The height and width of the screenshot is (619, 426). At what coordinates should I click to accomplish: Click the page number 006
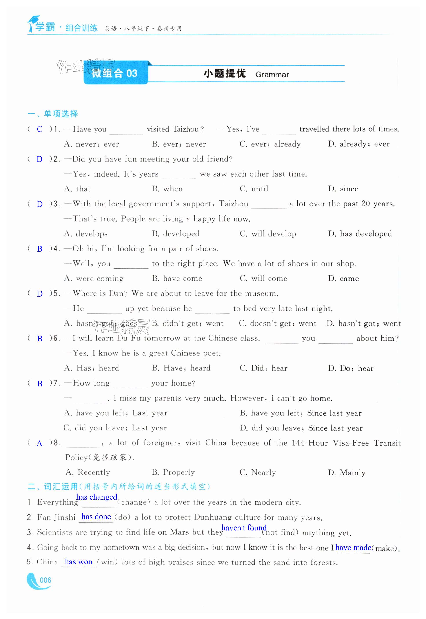(45, 580)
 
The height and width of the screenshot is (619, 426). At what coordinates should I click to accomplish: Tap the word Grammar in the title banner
(272, 75)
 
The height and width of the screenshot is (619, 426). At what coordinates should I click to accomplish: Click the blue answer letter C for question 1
(40, 129)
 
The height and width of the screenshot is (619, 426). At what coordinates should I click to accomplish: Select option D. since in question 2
(343, 189)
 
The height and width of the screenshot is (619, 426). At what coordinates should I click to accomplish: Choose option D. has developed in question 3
(360, 234)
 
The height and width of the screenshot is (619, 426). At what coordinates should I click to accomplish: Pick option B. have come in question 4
(177, 279)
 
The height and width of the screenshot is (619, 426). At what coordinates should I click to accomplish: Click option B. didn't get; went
(187, 324)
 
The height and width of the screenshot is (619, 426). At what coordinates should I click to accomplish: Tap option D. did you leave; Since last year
(301, 428)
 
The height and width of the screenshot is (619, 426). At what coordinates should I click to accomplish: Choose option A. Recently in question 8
(88, 472)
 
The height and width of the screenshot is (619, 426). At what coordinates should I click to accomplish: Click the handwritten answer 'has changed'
(97, 497)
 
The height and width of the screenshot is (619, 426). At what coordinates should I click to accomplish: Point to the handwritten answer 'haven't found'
(244, 528)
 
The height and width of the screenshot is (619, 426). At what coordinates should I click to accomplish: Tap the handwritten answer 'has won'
(78, 562)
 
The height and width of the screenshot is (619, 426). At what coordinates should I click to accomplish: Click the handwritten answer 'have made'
(353, 548)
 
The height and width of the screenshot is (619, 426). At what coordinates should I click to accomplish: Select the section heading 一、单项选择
(53, 114)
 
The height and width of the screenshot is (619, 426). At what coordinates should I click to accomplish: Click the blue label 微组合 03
(115, 73)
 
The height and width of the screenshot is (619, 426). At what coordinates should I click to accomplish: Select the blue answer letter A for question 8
(40, 444)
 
